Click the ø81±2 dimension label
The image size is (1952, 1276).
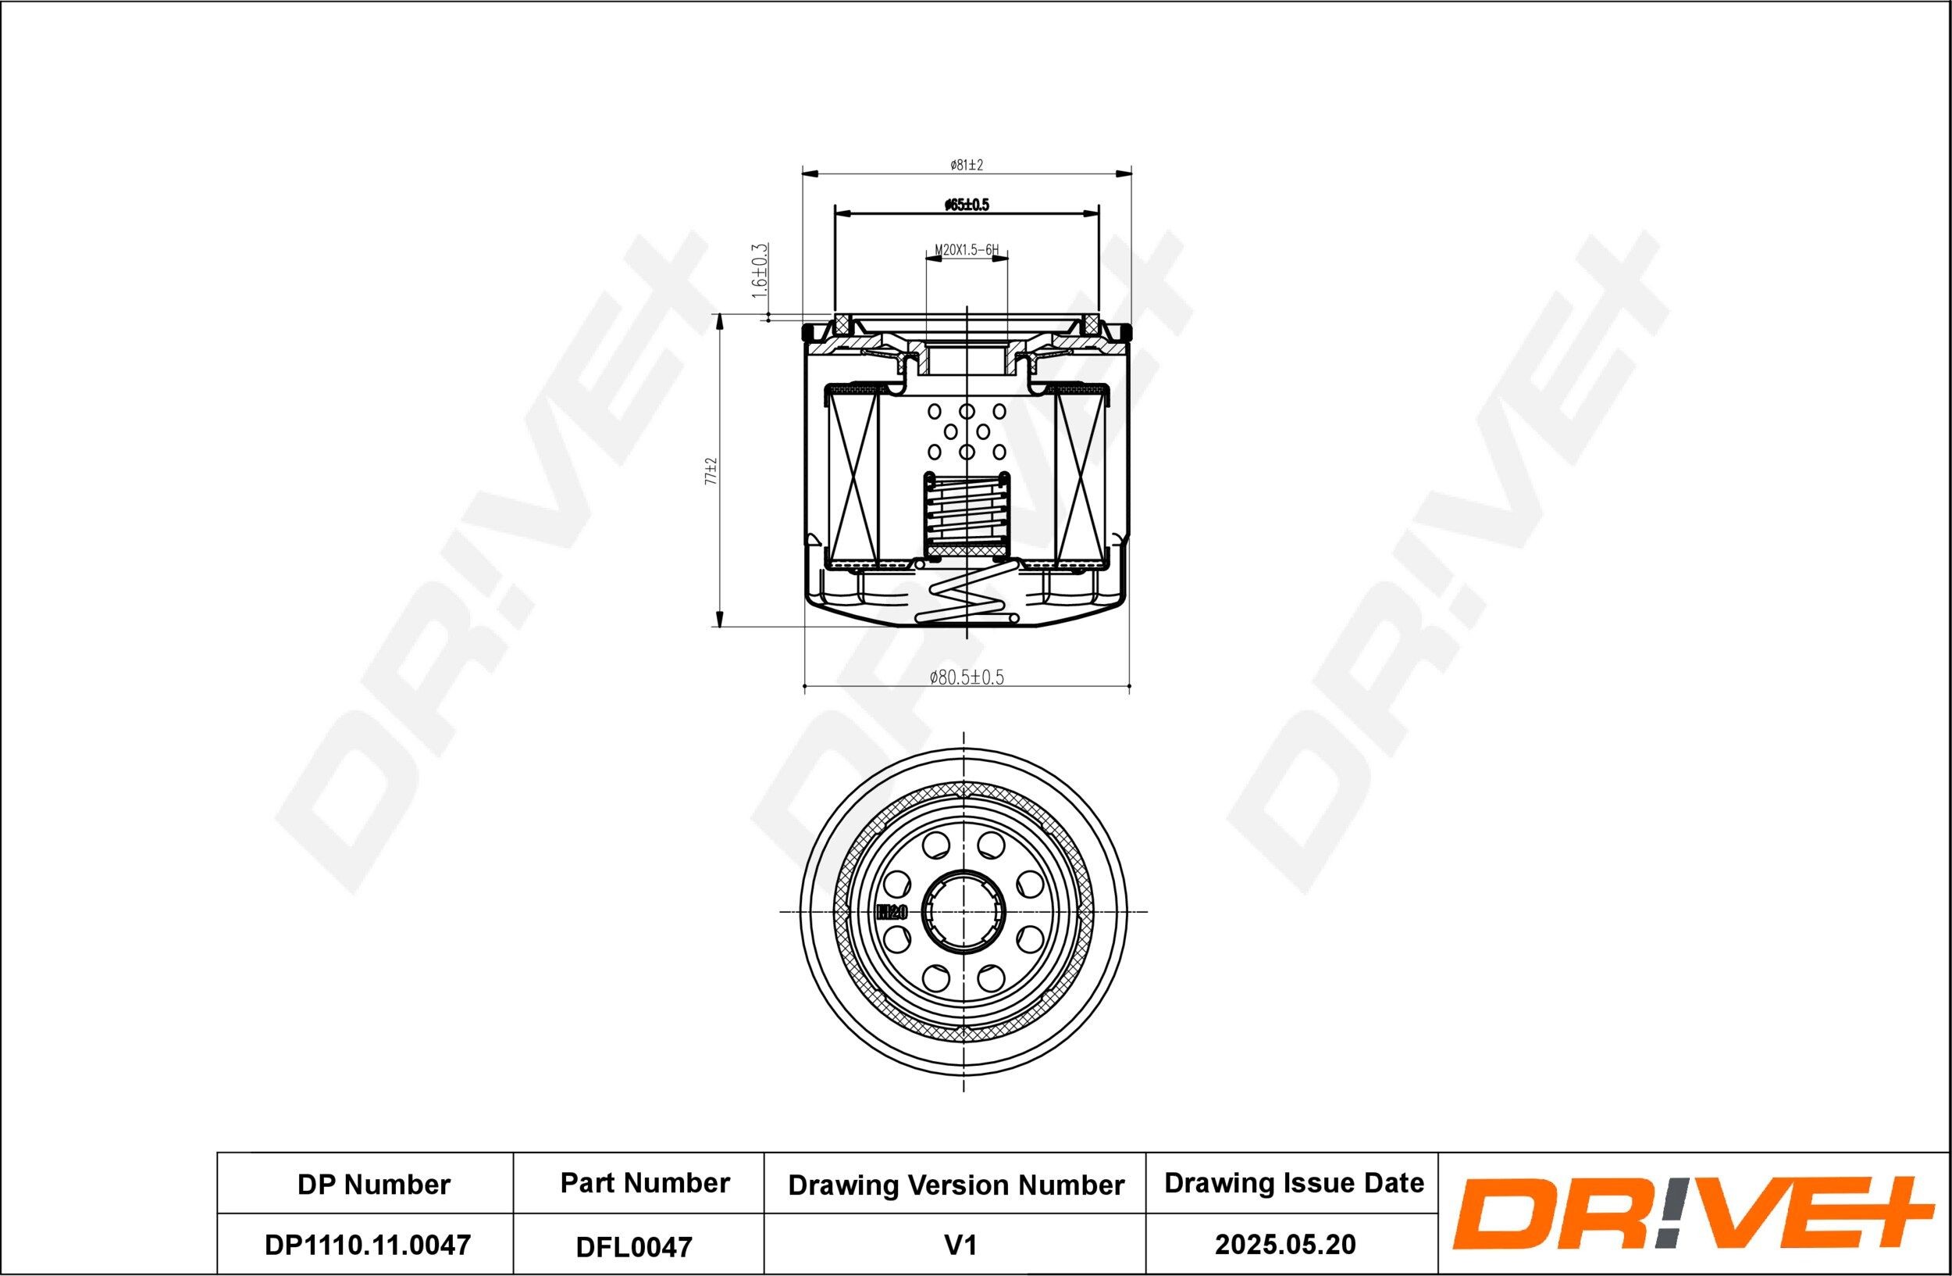(x=966, y=165)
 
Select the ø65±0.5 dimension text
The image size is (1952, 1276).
(x=966, y=206)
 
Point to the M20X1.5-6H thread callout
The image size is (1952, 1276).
(x=966, y=249)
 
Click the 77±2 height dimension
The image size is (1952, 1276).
(x=711, y=472)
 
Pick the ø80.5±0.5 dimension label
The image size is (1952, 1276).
(x=966, y=677)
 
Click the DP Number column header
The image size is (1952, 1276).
(x=373, y=1184)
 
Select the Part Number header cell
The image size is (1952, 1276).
(x=645, y=1182)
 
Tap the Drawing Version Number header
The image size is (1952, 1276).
(x=956, y=1185)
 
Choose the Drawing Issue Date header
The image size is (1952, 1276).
(x=1294, y=1182)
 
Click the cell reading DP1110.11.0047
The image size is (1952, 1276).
(x=368, y=1244)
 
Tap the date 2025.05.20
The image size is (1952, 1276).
(x=1284, y=1244)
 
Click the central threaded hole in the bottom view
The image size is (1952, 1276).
(x=963, y=911)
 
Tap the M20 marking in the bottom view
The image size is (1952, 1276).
(x=891, y=911)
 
